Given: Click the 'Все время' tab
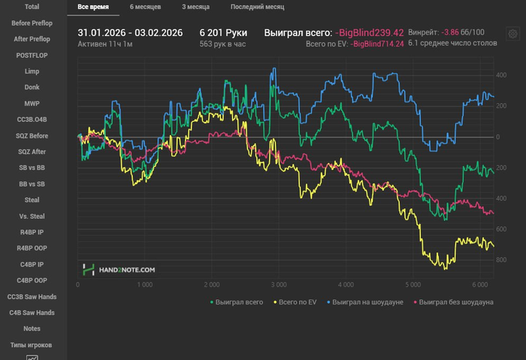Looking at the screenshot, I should (93, 7).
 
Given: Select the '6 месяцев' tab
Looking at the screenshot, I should (145, 7).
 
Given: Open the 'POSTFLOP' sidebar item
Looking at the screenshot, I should (32, 55).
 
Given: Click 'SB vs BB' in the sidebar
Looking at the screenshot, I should (32, 168).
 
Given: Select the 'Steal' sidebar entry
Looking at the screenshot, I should (32, 200).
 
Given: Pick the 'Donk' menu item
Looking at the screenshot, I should (32, 87).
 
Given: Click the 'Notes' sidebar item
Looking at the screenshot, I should (32, 328).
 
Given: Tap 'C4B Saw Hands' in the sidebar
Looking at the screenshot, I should (32, 313).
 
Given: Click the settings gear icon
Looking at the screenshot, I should (512, 34).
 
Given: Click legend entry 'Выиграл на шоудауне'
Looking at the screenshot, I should (367, 302).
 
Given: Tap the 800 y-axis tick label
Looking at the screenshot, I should (500, 260).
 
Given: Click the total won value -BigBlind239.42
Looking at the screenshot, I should (370, 33).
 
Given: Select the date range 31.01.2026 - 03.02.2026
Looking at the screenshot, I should (130, 33).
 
